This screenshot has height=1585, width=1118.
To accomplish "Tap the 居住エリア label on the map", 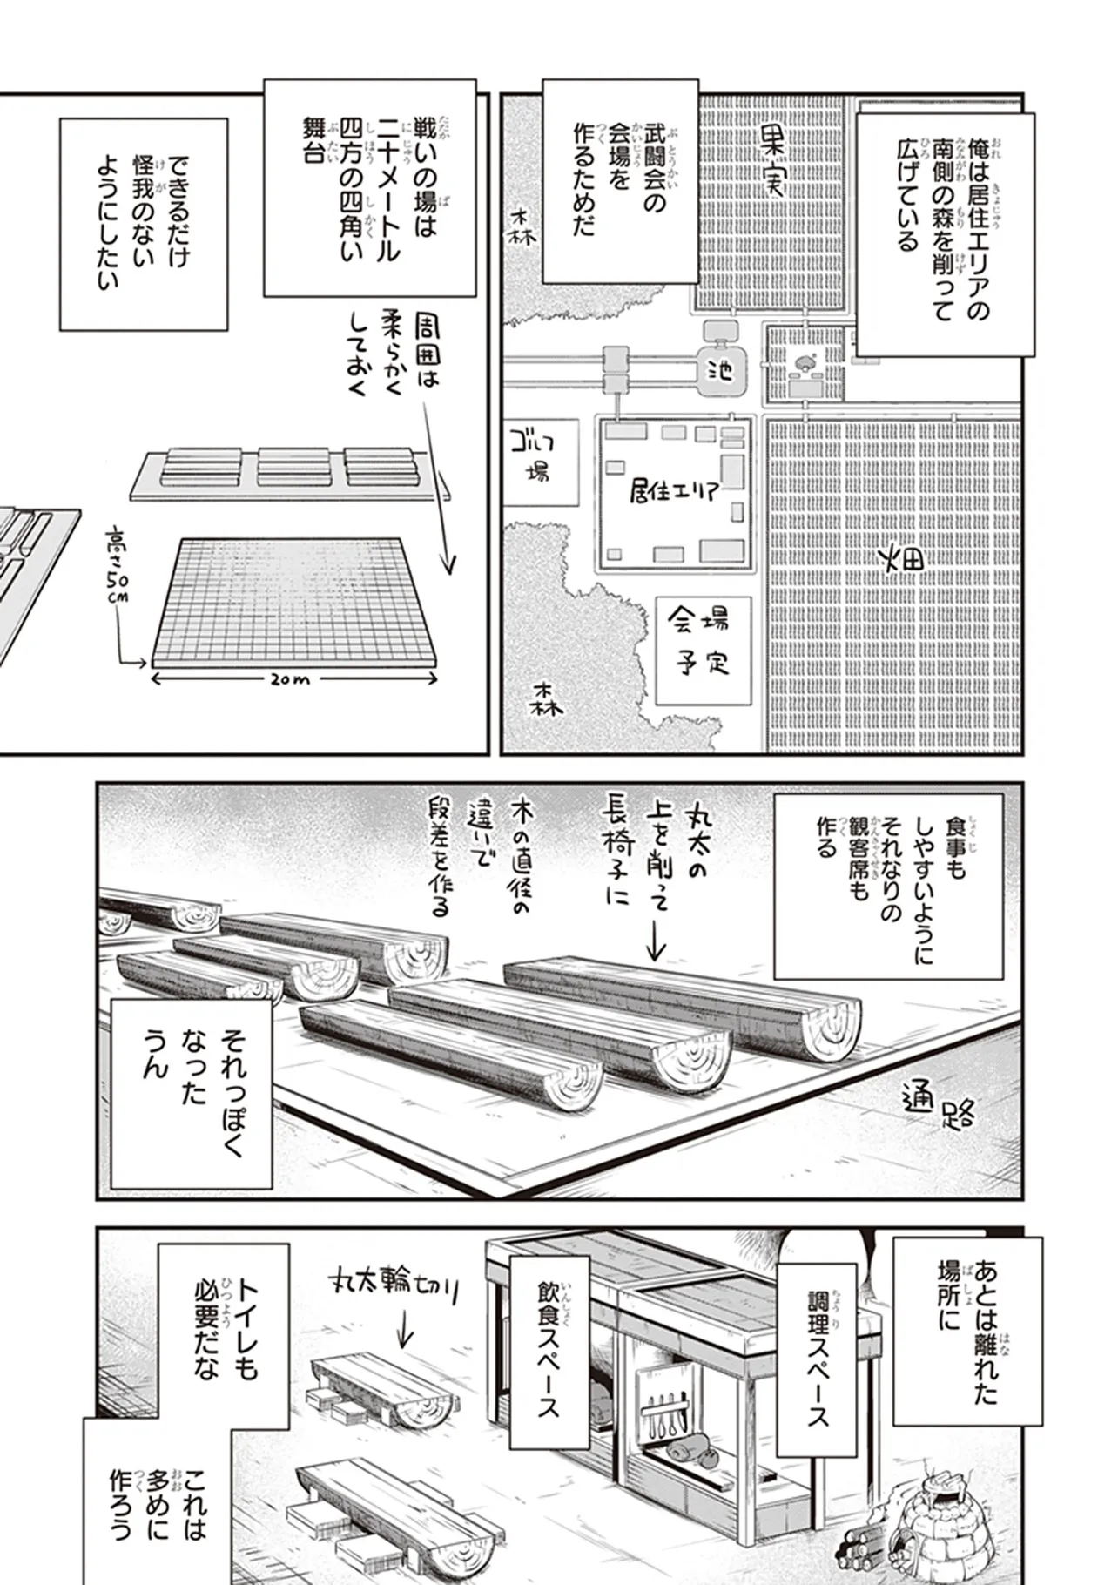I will click(x=674, y=491).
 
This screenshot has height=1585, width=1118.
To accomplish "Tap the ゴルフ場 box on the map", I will click(x=542, y=460).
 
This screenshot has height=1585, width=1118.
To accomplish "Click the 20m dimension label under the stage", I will click(x=290, y=678).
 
